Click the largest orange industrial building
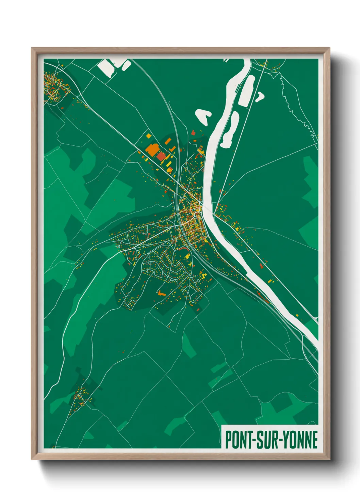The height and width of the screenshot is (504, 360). click(x=152, y=149)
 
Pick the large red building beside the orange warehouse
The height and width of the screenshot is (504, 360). click(x=161, y=156)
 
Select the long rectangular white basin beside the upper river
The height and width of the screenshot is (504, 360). click(x=247, y=90)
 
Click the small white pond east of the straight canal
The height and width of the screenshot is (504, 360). click(x=260, y=96)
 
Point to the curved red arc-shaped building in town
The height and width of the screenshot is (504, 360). click(x=183, y=249)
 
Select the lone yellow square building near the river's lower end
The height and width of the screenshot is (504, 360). click(x=297, y=315)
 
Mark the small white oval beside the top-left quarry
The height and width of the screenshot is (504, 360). click(x=126, y=65)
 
